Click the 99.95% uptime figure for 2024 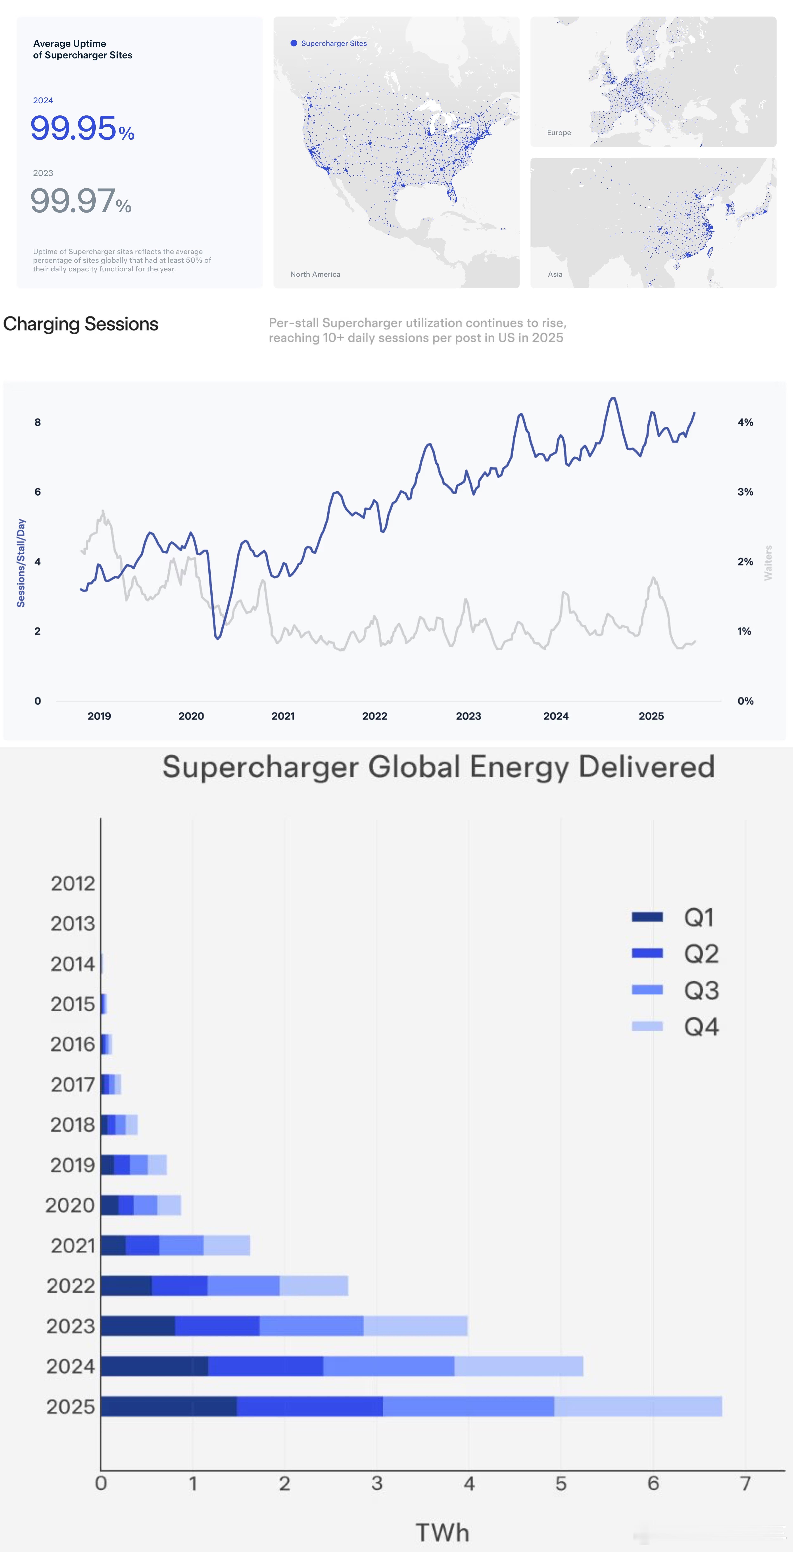click(x=82, y=128)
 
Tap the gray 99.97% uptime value click(x=81, y=201)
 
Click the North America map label click(x=315, y=274)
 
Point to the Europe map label click(x=559, y=133)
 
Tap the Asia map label click(x=555, y=274)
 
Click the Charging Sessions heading click(x=81, y=324)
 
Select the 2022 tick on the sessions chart click(x=374, y=716)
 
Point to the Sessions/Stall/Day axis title click(x=21, y=562)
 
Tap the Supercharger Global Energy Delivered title click(x=438, y=767)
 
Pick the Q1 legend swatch click(x=647, y=917)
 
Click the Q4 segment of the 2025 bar click(x=637, y=1406)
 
